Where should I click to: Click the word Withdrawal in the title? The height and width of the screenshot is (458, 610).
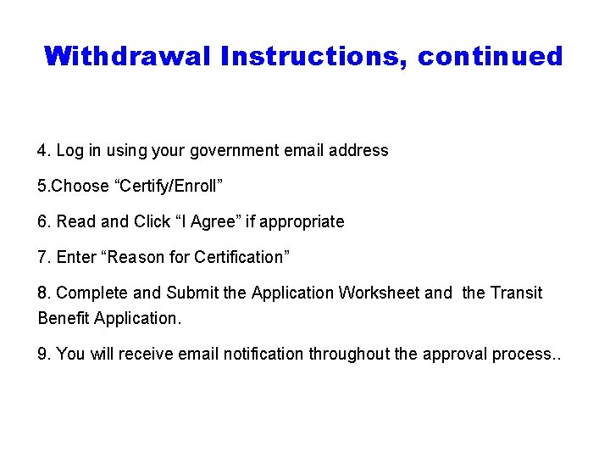pyautogui.click(x=128, y=57)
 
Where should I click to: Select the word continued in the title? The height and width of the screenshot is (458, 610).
pyautogui.click(x=491, y=57)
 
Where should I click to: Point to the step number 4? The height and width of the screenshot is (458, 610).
pyautogui.click(x=43, y=151)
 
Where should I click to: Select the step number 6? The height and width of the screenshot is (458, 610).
pyautogui.click(x=43, y=222)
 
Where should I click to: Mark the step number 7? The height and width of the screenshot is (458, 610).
pyautogui.click(x=43, y=257)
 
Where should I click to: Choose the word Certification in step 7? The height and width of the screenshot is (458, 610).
pyautogui.click(x=237, y=257)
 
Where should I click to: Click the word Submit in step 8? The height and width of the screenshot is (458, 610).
pyautogui.click(x=191, y=293)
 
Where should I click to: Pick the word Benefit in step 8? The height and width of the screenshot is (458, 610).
pyautogui.click(x=64, y=319)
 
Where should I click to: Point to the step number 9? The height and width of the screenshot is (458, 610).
pyautogui.click(x=43, y=355)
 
